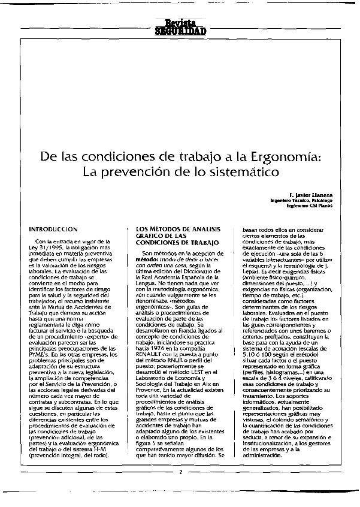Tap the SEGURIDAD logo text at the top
coord(180,31)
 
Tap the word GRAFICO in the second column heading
coord(153,236)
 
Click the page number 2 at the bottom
coord(180,472)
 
